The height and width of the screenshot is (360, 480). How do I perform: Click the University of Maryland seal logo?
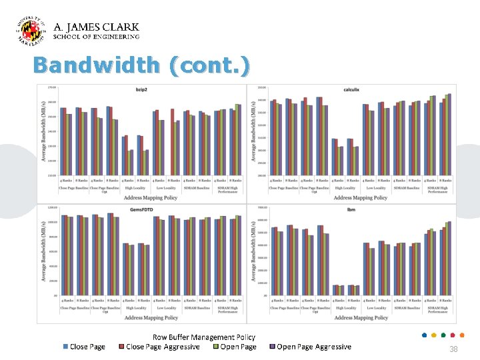click(x=31, y=31)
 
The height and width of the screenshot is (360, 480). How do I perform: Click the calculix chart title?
click(x=351, y=89)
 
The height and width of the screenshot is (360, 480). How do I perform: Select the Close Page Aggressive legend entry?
click(x=163, y=347)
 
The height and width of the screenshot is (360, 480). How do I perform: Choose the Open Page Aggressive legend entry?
click(x=313, y=347)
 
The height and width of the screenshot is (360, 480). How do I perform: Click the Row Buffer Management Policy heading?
click(x=203, y=337)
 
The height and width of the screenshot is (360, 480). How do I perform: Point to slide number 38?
click(x=453, y=349)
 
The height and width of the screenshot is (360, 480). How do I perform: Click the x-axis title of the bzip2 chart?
click(x=152, y=198)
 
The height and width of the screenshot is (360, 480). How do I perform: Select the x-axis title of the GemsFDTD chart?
click(x=152, y=318)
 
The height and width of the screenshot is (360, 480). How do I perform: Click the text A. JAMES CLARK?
click(x=96, y=27)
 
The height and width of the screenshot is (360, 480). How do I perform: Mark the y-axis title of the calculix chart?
click(x=254, y=133)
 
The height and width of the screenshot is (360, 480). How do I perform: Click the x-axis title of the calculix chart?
click(x=361, y=198)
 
